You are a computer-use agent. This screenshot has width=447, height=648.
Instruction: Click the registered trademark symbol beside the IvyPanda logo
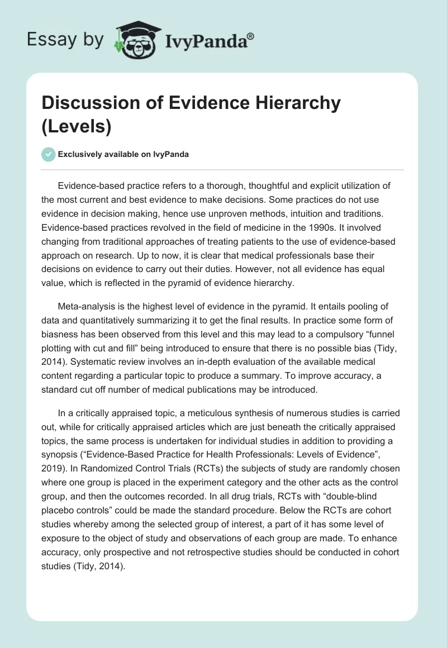pos(250,37)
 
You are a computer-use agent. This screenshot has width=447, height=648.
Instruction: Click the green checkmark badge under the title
pos(48,154)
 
